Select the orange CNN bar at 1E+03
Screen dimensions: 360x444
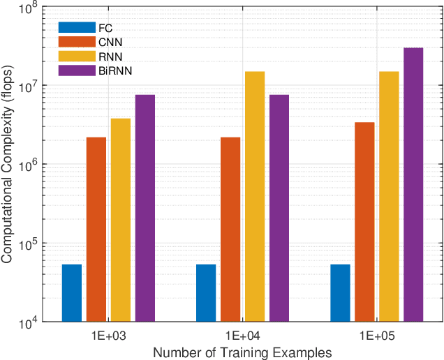click(96, 230)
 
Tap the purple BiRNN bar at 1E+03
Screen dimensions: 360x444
click(145, 209)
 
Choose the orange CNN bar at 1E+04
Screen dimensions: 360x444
click(230, 230)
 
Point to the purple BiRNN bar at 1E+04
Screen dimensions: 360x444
click(279, 209)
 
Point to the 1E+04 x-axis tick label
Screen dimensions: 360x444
click(242, 334)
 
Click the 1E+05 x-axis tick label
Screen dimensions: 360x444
click(376, 334)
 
